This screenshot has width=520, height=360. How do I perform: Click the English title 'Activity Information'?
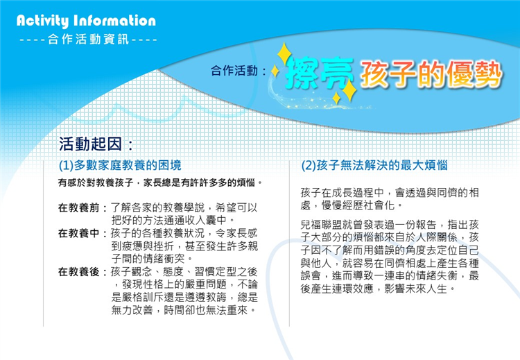tap(86, 21)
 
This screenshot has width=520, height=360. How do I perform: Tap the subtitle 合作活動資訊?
tap(88, 40)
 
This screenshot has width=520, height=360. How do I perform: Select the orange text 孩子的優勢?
tap(431, 74)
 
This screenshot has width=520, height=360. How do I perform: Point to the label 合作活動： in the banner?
tap(239, 70)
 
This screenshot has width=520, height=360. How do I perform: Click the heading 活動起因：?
tap(96, 144)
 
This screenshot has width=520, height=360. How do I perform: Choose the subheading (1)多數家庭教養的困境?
tap(120, 165)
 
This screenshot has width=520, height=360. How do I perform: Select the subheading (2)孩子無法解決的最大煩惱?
tap(374, 165)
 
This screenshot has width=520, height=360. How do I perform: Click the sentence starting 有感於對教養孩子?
tap(160, 182)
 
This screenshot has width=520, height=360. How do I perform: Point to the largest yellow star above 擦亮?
tap(284, 54)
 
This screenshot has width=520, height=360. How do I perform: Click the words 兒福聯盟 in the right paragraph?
tap(321, 225)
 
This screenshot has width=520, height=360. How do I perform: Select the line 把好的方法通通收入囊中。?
tap(174, 221)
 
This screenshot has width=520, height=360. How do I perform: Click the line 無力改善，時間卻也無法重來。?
tap(184, 311)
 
